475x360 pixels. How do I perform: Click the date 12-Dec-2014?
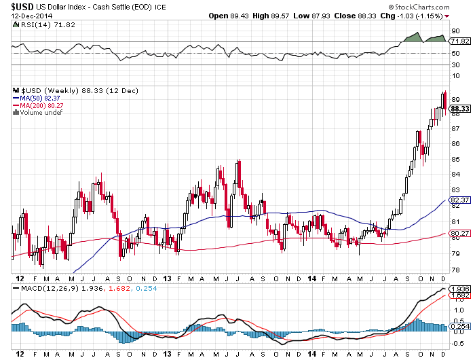pyautogui.click(x=30, y=16)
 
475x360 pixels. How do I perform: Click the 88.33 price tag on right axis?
pyautogui.click(x=460, y=108)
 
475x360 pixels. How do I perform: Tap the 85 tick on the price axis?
pyautogui.click(x=455, y=160)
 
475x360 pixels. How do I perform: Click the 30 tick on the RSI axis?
pyautogui.click(x=455, y=65)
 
